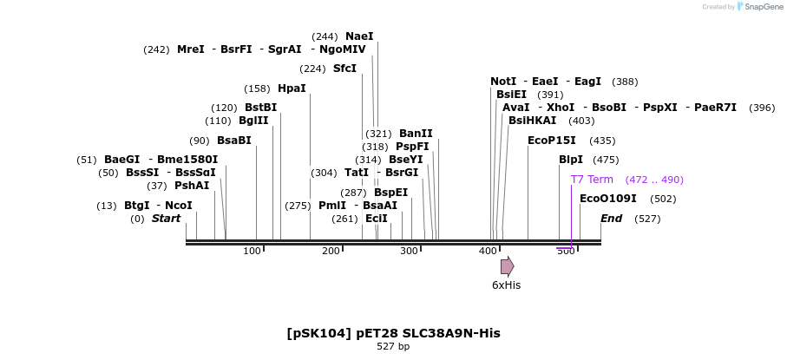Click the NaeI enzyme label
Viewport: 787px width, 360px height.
coord(359,36)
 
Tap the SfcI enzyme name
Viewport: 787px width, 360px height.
coord(344,69)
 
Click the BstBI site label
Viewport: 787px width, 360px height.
coord(260,108)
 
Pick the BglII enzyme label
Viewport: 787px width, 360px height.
coord(253,121)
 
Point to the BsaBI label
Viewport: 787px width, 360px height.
coord(233,141)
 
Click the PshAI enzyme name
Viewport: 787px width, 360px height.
coord(192,186)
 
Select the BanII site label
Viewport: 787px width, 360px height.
coord(416,134)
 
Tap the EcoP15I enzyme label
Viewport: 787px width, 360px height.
coord(552,141)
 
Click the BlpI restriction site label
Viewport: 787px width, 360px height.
coord(571,160)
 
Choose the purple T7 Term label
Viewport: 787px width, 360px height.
coord(592,180)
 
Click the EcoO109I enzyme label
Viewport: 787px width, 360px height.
coord(607,199)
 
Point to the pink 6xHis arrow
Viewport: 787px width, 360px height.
coord(507,266)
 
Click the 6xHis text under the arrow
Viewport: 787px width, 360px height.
coord(506,285)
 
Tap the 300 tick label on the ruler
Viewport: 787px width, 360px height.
coord(409,251)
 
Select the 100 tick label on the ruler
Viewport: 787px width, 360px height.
coord(252,251)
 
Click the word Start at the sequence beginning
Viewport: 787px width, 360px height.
coord(166,219)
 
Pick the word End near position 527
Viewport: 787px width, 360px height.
coord(611,219)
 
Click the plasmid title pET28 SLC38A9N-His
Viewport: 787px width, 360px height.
coord(393,333)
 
